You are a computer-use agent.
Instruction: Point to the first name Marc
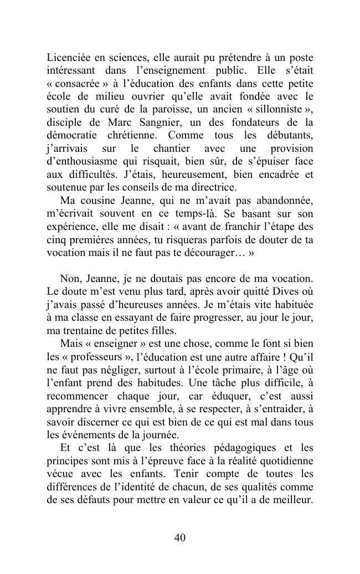click(135, 122)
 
